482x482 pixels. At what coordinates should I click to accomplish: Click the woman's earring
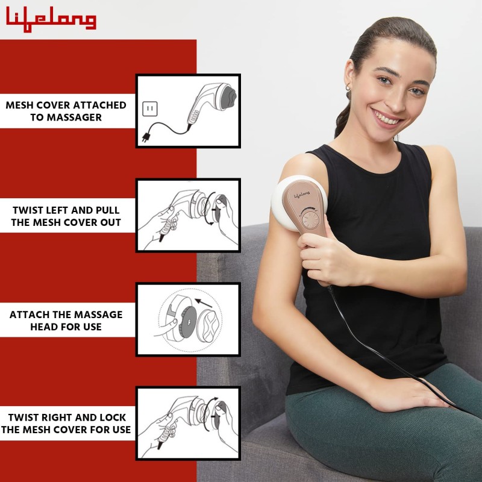click(348, 89)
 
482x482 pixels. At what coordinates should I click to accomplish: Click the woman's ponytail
click(343, 120)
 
